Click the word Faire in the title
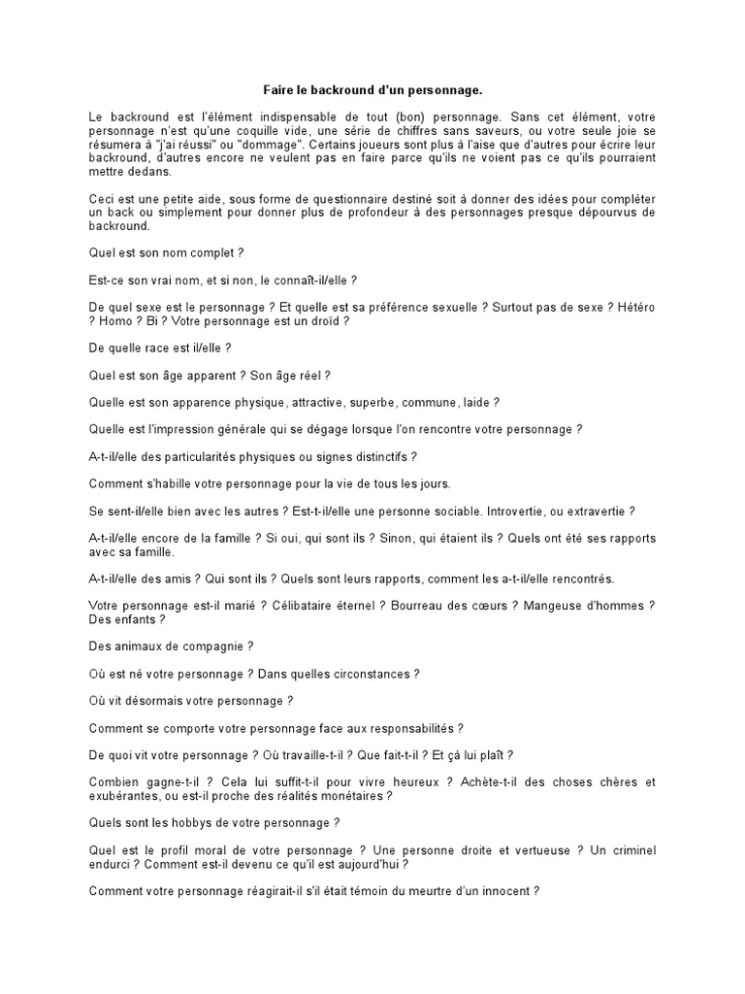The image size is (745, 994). coord(280,90)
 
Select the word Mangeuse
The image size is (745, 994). coord(560,606)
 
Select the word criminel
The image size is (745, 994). coord(629,850)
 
